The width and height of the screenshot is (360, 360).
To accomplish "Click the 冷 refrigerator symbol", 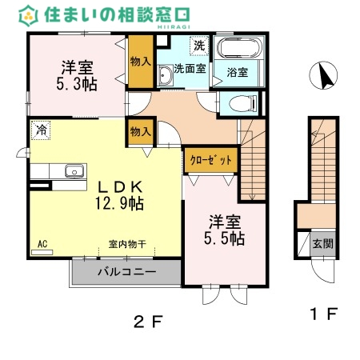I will click(39, 129).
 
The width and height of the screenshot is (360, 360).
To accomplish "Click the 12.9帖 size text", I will click(119, 203).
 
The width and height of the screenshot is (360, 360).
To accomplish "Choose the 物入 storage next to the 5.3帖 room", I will click(139, 62).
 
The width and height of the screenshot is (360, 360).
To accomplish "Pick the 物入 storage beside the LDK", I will click(139, 131).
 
